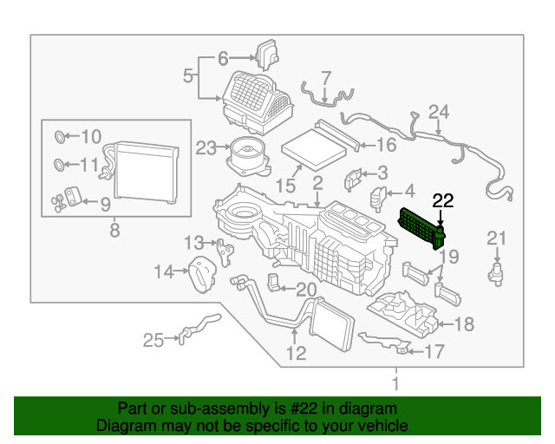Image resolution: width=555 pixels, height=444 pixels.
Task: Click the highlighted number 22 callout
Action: point(443,201)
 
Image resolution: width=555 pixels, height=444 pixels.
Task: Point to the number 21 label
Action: point(496,238)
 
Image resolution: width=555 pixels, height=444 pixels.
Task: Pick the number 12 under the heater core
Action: point(296,353)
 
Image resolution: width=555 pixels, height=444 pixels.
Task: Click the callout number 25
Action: point(153,340)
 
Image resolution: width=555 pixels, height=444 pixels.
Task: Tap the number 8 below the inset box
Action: point(114,232)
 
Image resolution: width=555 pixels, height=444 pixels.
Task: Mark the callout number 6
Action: point(223,59)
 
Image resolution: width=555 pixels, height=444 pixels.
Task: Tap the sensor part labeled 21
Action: point(496,273)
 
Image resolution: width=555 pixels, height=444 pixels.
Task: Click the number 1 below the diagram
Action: point(395,382)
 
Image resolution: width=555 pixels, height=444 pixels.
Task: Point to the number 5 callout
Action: point(188,77)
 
